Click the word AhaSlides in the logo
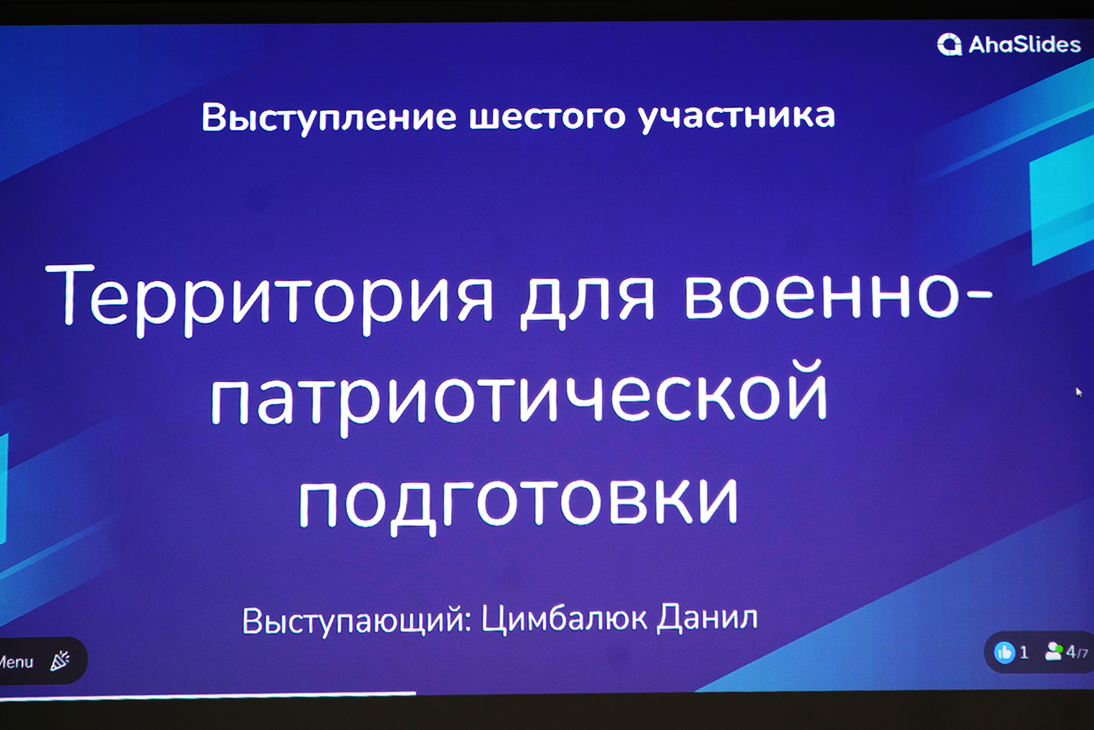pyautogui.click(x=1025, y=44)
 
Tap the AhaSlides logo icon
pyautogui.click(x=949, y=44)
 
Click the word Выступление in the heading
pyautogui.click(x=329, y=117)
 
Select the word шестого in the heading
pyautogui.click(x=547, y=117)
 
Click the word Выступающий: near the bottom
pyautogui.click(x=357, y=621)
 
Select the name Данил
pyautogui.click(x=707, y=618)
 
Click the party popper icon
pyautogui.click(x=60, y=660)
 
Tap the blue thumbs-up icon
pyautogui.click(x=1004, y=653)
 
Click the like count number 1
pyautogui.click(x=1024, y=653)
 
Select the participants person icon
pyautogui.click(x=1054, y=652)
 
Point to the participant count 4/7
pyautogui.click(x=1077, y=653)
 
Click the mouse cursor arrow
pyautogui.click(x=1079, y=392)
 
